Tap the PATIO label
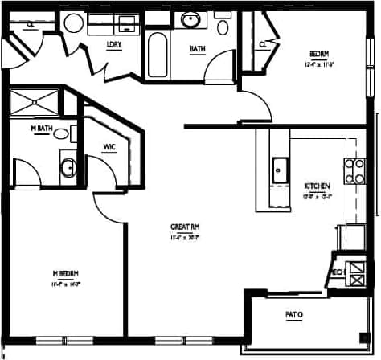(x=295, y=313)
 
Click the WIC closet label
(x=110, y=147)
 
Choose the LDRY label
(x=113, y=44)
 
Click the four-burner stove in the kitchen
(x=354, y=170)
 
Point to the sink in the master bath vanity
(x=68, y=168)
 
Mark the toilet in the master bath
(x=61, y=134)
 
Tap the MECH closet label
(x=338, y=272)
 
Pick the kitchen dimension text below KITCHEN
(x=315, y=195)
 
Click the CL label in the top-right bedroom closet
(x=263, y=44)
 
